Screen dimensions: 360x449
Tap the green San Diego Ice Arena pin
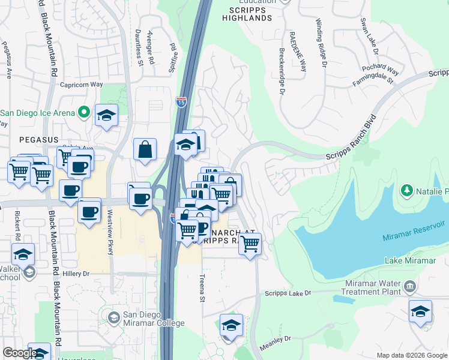84,112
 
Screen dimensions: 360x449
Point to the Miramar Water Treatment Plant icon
411,287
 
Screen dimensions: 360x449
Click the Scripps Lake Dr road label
288,293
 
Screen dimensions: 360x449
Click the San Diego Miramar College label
154,319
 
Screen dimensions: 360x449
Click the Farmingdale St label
373,79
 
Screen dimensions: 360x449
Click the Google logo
20,353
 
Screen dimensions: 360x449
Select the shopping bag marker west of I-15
145,150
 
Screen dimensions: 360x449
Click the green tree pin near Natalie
407,191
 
